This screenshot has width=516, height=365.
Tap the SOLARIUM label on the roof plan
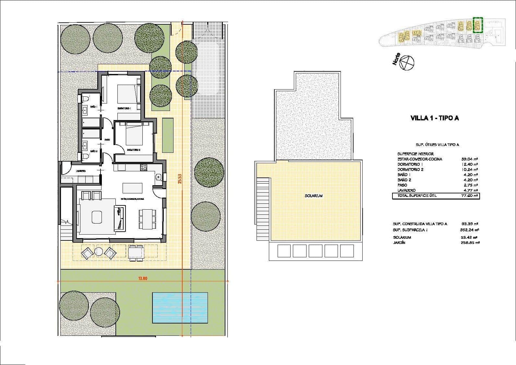click(314, 196)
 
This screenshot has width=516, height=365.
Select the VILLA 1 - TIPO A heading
click(435, 118)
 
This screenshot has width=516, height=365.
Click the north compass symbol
click(407, 62)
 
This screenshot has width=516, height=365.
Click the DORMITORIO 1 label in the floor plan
click(124, 108)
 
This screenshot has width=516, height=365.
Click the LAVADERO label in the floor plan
click(81, 171)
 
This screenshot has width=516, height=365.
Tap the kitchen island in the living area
click(132, 188)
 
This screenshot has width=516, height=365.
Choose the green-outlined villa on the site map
click(478, 25)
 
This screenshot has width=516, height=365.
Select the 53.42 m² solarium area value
click(470, 237)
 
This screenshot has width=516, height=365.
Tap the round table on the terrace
click(99, 251)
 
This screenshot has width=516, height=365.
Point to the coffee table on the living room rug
click(97, 217)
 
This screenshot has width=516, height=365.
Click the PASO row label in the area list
click(402, 185)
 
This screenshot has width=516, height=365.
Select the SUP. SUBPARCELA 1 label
click(410, 230)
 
